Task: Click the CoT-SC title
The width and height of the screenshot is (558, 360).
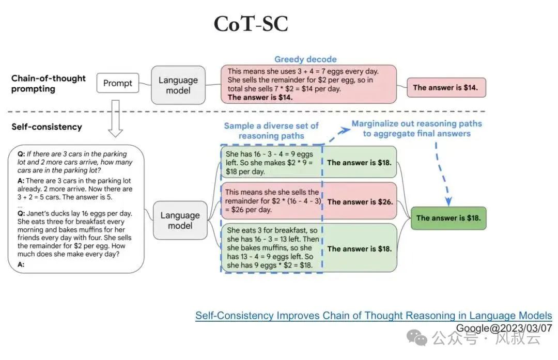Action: tap(251, 24)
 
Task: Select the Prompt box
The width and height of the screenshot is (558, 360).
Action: tap(118, 83)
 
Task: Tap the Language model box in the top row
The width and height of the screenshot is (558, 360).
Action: tap(178, 85)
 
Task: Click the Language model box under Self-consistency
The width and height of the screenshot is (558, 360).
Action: tap(180, 221)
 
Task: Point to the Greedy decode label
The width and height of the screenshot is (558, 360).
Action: tap(305, 59)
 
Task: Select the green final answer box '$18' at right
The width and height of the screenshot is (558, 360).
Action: tap(448, 218)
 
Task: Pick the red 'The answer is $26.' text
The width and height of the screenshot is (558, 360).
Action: tap(359, 202)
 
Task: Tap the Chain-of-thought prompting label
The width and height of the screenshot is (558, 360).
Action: tap(49, 83)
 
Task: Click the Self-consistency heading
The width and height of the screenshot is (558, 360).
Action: tap(47, 127)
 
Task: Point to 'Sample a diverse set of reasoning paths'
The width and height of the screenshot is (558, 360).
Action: tap(271, 130)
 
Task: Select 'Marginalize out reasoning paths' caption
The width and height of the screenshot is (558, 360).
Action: tap(416, 129)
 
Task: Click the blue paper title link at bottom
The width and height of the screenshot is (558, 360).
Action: tap(374, 316)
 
